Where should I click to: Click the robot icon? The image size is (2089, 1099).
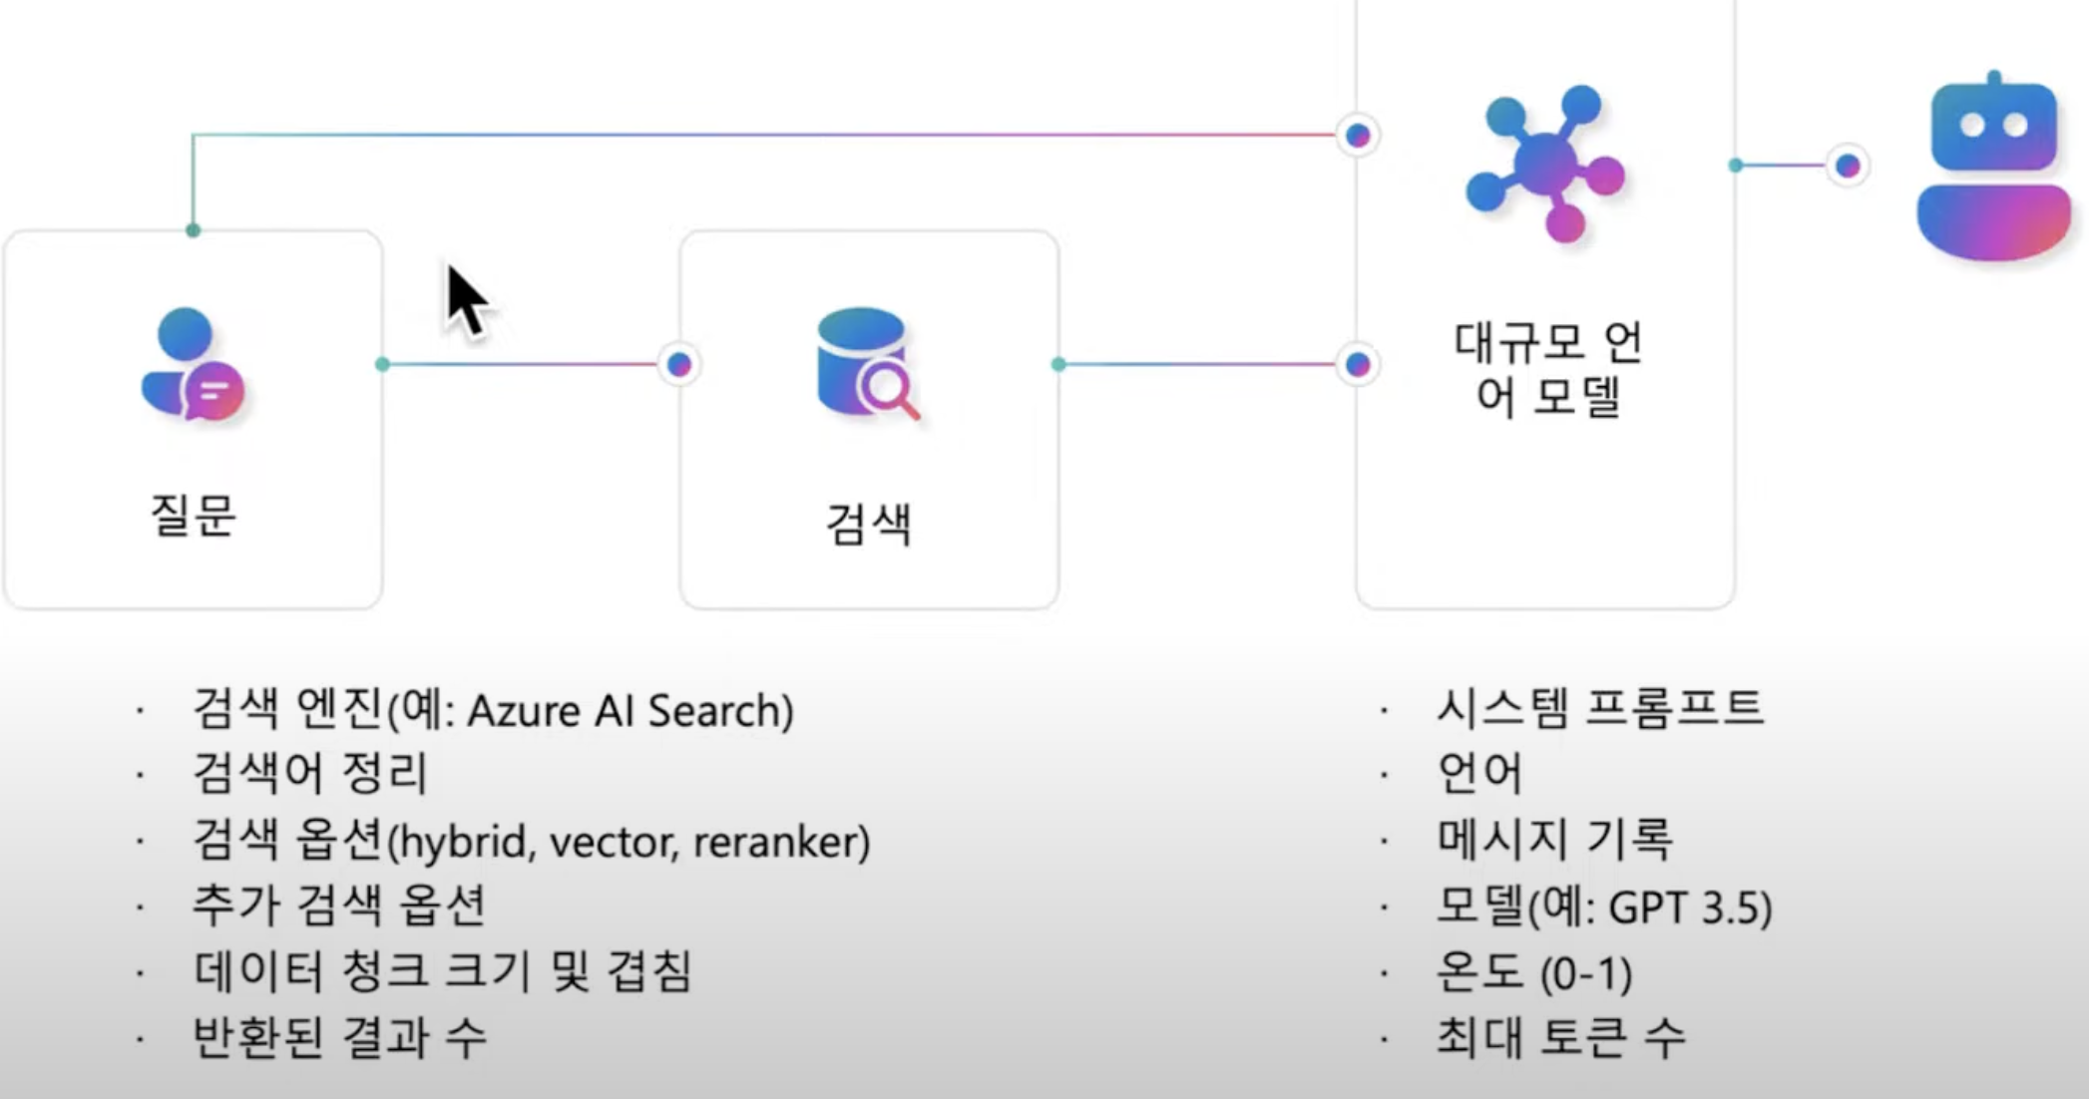1993,167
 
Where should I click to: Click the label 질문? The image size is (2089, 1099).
194,516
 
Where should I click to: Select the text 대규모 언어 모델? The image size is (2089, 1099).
1547,369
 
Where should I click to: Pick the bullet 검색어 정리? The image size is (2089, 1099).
310,774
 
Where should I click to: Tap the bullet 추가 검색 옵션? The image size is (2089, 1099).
339,906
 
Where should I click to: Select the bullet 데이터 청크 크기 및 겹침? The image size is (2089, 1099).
442,971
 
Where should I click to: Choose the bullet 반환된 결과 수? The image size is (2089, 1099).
339,1037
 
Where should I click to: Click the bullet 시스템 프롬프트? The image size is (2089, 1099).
1600,708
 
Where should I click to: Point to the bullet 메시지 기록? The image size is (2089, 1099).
1554,839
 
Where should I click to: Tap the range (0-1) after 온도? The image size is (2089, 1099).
1586,973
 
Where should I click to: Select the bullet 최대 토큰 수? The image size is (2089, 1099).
1560,1037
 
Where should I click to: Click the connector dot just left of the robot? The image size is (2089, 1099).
1848,166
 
